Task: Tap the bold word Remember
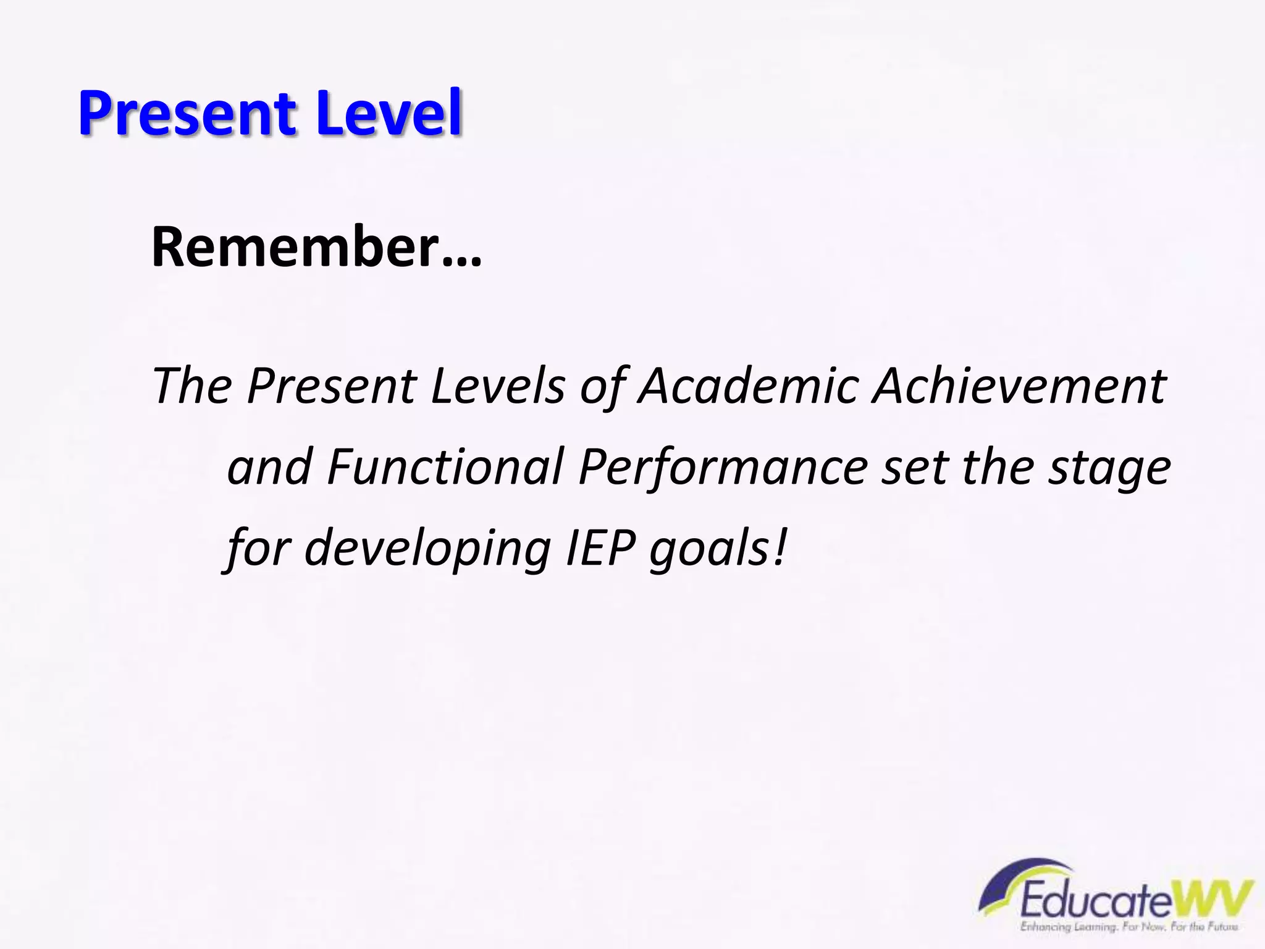[295, 247]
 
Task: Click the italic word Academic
[747, 386]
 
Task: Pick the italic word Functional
[445, 467]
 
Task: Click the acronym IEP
[599, 547]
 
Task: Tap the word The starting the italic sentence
[191, 386]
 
